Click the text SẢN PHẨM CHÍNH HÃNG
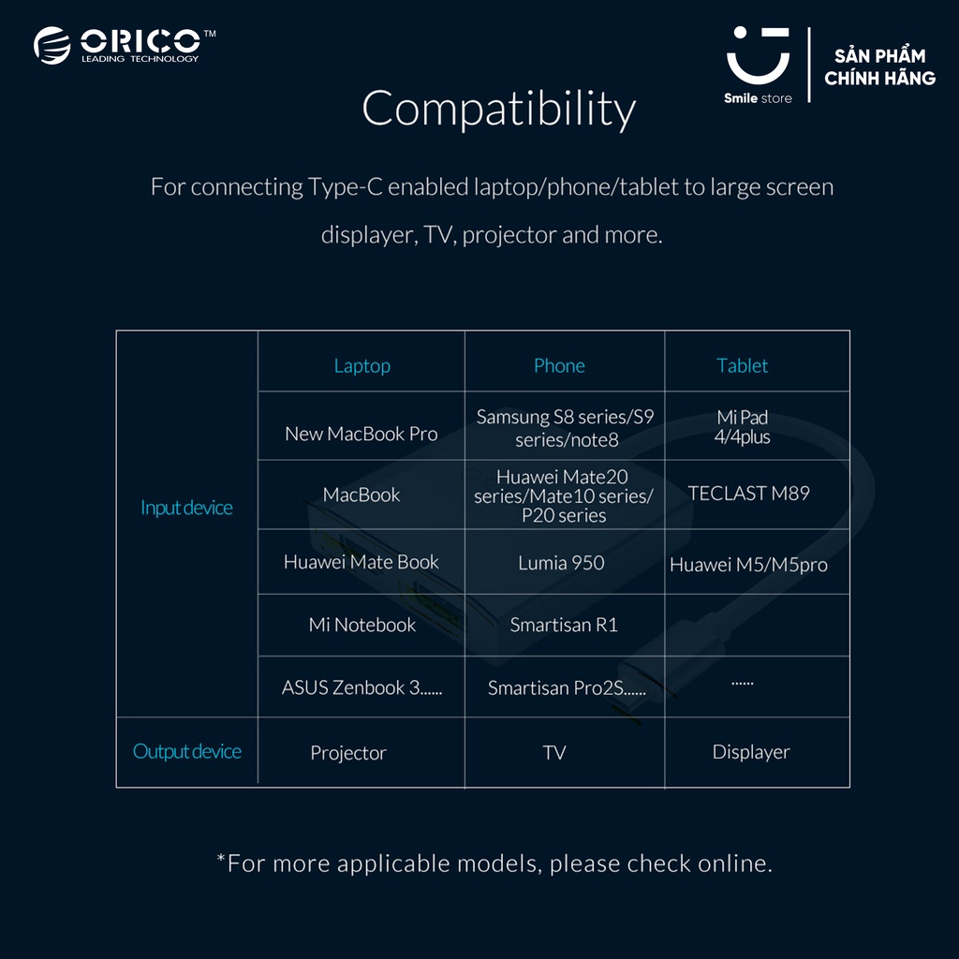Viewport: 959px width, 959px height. (879, 66)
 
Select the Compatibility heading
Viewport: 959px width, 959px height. (498, 109)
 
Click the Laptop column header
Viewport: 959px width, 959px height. (361, 366)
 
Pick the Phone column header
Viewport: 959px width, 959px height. (559, 366)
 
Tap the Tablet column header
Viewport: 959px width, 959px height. (743, 366)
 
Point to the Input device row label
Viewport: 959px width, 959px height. (186, 508)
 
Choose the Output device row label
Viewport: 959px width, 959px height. (187, 751)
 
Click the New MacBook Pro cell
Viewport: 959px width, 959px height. (361, 434)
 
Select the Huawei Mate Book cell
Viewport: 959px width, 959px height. (361, 562)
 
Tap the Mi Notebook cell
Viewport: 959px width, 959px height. (361, 625)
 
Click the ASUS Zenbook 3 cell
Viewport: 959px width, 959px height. (361, 687)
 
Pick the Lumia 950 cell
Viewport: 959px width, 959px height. (561, 563)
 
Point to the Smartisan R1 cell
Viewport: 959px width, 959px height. (564, 625)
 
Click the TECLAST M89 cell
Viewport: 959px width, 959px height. (748, 493)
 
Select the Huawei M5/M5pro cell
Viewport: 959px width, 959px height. (748, 565)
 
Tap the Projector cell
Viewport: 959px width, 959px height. (348, 753)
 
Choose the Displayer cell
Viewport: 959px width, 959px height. (751, 752)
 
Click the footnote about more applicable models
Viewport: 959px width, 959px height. (494, 863)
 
